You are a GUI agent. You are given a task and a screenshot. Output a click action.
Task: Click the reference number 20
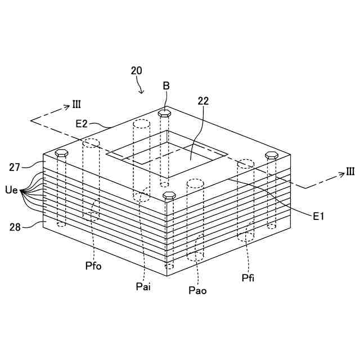click(x=136, y=71)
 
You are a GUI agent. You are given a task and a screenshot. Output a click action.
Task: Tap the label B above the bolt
click(x=166, y=85)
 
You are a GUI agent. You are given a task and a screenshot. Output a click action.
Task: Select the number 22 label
click(x=203, y=101)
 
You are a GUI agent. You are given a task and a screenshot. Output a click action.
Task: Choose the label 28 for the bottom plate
click(x=16, y=227)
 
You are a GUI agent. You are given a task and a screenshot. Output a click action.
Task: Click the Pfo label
click(x=93, y=265)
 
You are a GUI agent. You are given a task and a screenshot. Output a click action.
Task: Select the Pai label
click(x=143, y=286)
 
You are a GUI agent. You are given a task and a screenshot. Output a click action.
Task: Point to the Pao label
click(x=197, y=290)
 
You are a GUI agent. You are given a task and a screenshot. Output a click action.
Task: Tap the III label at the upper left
click(x=76, y=105)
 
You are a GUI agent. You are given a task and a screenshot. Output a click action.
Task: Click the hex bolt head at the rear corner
click(x=165, y=112)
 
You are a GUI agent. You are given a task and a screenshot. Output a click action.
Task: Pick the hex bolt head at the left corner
click(x=62, y=153)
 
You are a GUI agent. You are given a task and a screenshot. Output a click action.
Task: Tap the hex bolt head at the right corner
click(x=271, y=155)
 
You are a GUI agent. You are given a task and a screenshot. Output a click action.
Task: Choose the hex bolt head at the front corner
click(x=169, y=195)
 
